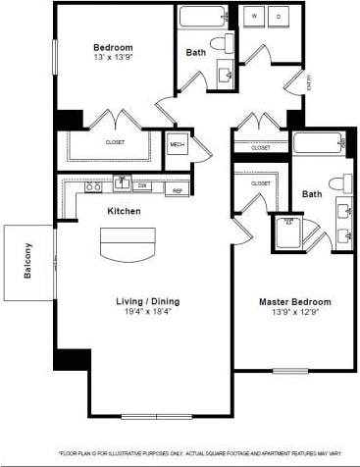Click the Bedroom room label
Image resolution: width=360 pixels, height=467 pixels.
pyautogui.click(x=113, y=47)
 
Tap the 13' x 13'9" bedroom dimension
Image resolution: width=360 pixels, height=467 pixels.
pyautogui.click(x=113, y=58)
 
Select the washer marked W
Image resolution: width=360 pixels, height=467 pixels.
pyautogui.click(x=254, y=18)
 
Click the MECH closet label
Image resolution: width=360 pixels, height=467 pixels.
pyautogui.click(x=178, y=145)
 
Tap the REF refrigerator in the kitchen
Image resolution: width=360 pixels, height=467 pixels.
pyautogui.click(x=179, y=190)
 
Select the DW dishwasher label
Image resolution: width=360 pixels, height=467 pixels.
pyautogui.click(x=142, y=184)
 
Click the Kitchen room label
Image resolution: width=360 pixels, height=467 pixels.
pyautogui.click(x=124, y=211)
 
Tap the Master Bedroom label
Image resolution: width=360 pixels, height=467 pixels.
pyautogui.click(x=294, y=301)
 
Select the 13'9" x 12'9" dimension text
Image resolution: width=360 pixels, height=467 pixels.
pyautogui.click(x=294, y=313)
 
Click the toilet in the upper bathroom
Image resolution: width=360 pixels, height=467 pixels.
pyautogui.click(x=230, y=44)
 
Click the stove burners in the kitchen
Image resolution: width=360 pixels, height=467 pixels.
pyautogui.click(x=93, y=185)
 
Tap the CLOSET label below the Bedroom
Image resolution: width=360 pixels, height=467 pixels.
pyautogui.click(x=116, y=141)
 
